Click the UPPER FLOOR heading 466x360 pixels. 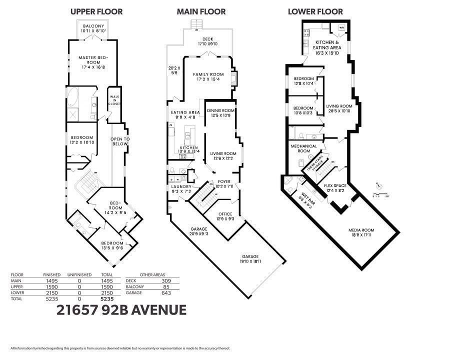tap(96, 11)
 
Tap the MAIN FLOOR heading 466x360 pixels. tap(201, 11)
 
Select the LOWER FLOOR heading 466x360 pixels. tap(315, 11)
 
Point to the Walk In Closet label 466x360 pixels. tap(114, 99)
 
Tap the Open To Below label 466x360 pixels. tap(120, 141)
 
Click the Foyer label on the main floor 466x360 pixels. tap(224, 182)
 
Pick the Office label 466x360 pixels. tap(225, 214)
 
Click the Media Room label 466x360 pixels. tap(361, 230)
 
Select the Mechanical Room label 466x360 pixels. tap(304, 148)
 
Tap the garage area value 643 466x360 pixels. tap(166, 292)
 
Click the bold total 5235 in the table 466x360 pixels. tap(107, 298)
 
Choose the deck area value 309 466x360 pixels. tap(166, 281)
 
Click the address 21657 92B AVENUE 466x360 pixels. tap(121, 310)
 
